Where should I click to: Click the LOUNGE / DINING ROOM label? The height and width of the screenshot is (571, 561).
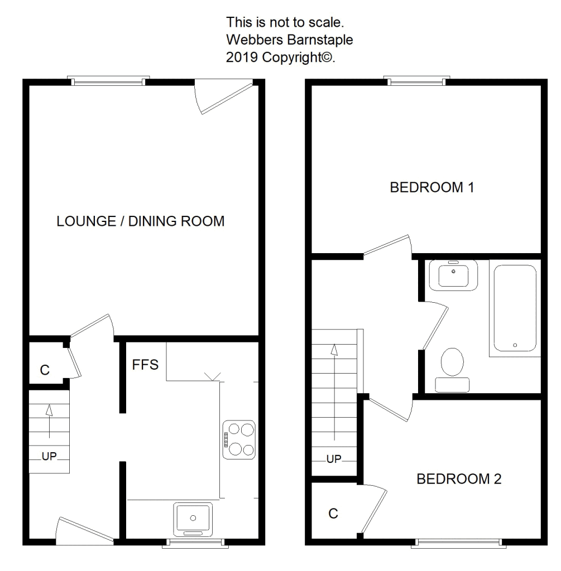point(140,221)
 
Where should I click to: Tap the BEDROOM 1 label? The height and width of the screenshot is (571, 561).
point(432,187)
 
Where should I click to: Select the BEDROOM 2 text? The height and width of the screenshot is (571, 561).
point(459,479)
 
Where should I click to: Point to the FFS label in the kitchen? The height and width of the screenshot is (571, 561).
point(145,365)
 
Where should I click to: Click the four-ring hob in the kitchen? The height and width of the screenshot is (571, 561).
point(239,439)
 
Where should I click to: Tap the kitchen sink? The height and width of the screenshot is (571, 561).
point(193,519)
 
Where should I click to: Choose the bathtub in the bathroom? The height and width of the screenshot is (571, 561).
point(515,308)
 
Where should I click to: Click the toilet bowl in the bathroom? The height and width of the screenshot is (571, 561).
point(452,362)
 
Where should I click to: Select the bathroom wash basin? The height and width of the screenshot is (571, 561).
point(453,275)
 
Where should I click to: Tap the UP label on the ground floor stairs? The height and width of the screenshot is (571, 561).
point(49,456)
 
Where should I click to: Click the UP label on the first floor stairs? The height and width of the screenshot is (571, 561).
point(334,459)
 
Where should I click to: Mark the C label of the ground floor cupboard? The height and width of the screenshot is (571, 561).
point(45,370)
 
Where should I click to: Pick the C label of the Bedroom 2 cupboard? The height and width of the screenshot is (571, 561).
point(333,514)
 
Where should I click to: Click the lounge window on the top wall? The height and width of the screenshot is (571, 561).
point(109,81)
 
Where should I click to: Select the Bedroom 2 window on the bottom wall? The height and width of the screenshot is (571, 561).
point(459,543)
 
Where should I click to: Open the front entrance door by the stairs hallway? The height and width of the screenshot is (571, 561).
point(85,531)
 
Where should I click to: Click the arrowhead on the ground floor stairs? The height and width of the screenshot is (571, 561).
point(49,410)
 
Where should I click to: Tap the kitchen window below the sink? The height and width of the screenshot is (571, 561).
point(195,543)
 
